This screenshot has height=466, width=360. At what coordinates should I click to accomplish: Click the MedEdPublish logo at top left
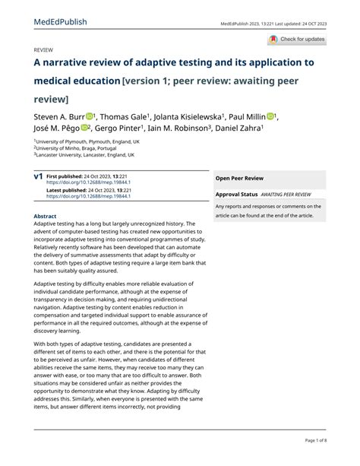60,22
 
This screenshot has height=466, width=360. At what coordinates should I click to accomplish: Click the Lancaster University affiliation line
85,155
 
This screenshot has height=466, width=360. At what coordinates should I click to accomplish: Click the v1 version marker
38,176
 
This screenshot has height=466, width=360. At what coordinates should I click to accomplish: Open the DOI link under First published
88,182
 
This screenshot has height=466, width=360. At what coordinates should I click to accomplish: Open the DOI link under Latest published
88,196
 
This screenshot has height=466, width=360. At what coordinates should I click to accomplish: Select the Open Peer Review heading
239,178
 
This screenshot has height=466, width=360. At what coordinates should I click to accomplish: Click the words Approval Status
237,195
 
